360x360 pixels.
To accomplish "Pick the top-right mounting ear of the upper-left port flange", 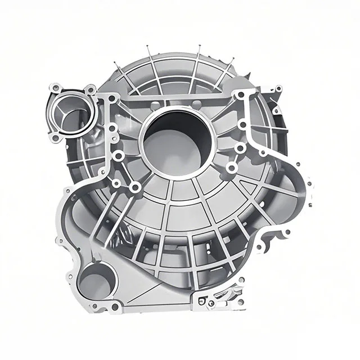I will [89, 88].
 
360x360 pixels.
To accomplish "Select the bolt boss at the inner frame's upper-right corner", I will [240, 96].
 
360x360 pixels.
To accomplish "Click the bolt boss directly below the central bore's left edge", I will [135, 187].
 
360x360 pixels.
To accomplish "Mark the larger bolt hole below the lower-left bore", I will [115, 307].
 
